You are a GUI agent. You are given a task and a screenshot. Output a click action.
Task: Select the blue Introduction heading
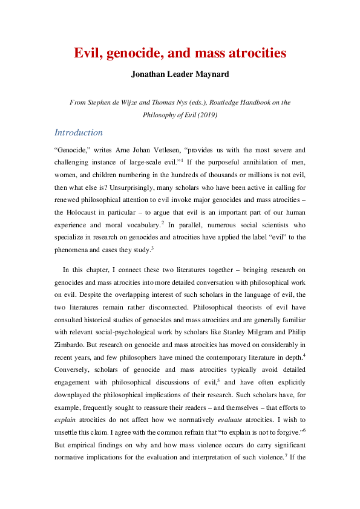(x=79, y=132)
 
